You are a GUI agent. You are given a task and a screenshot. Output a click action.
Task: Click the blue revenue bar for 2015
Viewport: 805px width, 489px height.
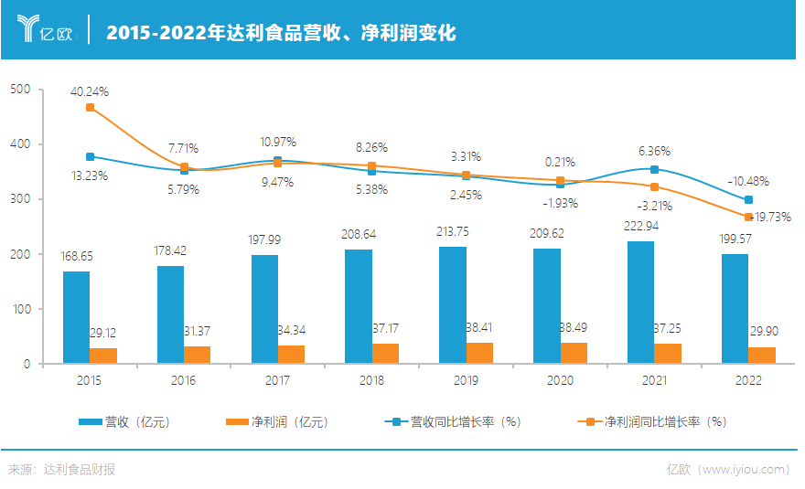pos(76,317)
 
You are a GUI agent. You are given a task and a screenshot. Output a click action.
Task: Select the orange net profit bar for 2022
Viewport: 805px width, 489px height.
pos(761,355)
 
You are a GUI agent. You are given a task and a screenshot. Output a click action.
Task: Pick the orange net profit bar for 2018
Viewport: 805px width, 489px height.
pos(385,353)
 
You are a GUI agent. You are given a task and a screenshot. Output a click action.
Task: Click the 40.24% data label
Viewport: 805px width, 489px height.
pos(90,91)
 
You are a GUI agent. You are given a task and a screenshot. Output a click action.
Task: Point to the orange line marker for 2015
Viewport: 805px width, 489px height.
pos(90,108)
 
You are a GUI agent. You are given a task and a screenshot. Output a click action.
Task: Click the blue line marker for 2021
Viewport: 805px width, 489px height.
pos(654,169)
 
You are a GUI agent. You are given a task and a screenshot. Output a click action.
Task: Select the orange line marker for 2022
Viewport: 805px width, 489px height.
pos(748,217)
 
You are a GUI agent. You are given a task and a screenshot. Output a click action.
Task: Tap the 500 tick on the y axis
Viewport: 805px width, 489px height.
pos(20,90)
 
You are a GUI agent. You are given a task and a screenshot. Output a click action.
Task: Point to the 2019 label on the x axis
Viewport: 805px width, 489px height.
pos(466,379)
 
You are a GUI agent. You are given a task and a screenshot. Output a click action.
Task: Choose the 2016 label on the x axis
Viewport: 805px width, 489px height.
pos(184,379)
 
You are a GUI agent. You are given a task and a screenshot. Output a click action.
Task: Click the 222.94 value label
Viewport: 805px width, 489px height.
pos(640,226)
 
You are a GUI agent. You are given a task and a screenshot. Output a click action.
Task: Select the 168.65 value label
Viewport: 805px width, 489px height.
pos(76,257)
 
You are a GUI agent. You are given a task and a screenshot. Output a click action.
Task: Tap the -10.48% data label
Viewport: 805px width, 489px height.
pos(747,181)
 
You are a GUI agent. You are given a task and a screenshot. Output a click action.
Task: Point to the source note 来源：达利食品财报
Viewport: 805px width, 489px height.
pos(62,469)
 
